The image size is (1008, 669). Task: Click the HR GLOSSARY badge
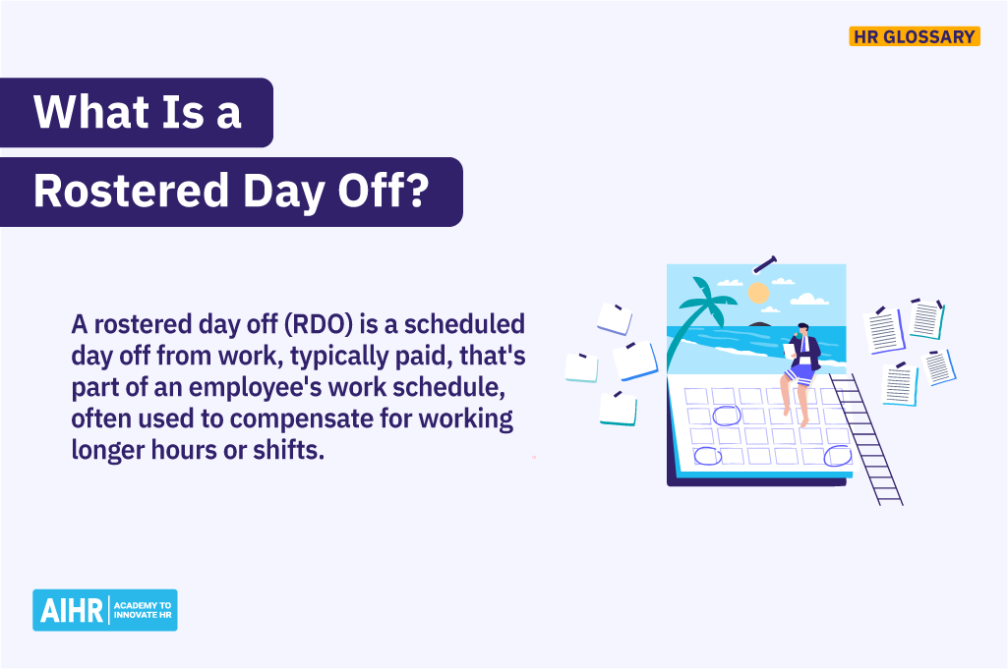pyautogui.click(x=914, y=36)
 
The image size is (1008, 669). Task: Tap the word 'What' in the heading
pyautogui.click(x=84, y=112)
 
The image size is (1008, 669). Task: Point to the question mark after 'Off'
pyautogui.click(x=416, y=192)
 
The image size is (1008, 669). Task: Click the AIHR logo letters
pyautogui.click(x=68, y=610)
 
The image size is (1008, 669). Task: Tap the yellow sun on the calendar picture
pyautogui.click(x=757, y=292)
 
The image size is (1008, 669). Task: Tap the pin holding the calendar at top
pyautogui.click(x=764, y=263)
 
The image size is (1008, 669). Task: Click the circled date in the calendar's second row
pyautogui.click(x=727, y=416)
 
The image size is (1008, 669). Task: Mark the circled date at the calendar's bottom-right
pyautogui.click(x=837, y=455)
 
